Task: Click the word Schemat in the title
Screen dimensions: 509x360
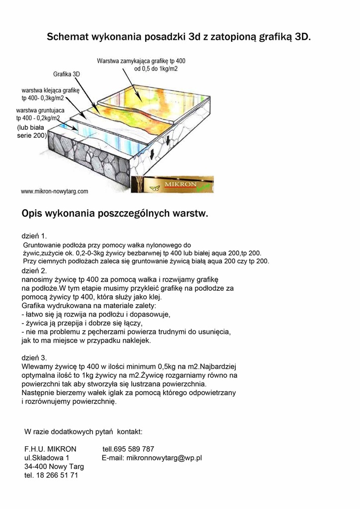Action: [67, 37]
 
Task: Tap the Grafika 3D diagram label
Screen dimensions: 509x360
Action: [67, 74]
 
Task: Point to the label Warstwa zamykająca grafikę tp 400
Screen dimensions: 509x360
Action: [141, 61]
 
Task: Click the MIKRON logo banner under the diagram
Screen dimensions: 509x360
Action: [172, 184]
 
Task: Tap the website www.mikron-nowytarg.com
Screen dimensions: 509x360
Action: [55, 191]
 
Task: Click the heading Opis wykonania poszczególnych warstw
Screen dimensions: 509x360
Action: [115, 214]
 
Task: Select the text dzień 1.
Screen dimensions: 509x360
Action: [34, 235]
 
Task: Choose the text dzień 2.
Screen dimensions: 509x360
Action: [34, 271]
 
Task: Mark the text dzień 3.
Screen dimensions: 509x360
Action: [34, 357]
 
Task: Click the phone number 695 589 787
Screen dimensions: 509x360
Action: [134, 449]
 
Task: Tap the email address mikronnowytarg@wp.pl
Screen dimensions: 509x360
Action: [164, 458]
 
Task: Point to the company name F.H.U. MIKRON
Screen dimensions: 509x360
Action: [50, 449]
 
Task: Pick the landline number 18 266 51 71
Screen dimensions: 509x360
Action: [58, 476]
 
